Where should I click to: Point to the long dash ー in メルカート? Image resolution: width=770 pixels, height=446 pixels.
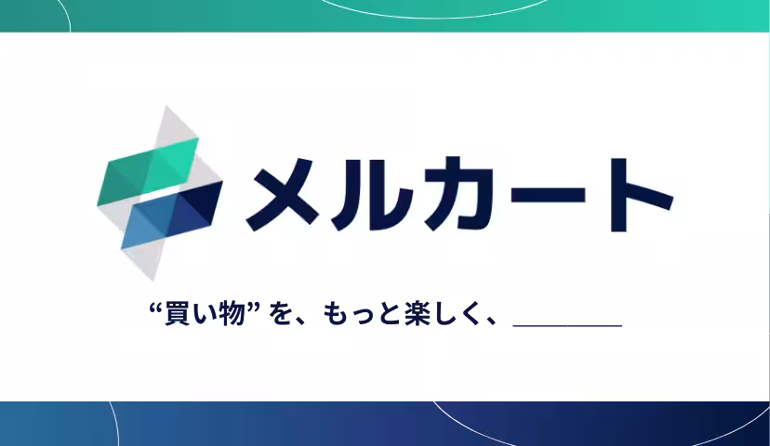pos(543,196)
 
